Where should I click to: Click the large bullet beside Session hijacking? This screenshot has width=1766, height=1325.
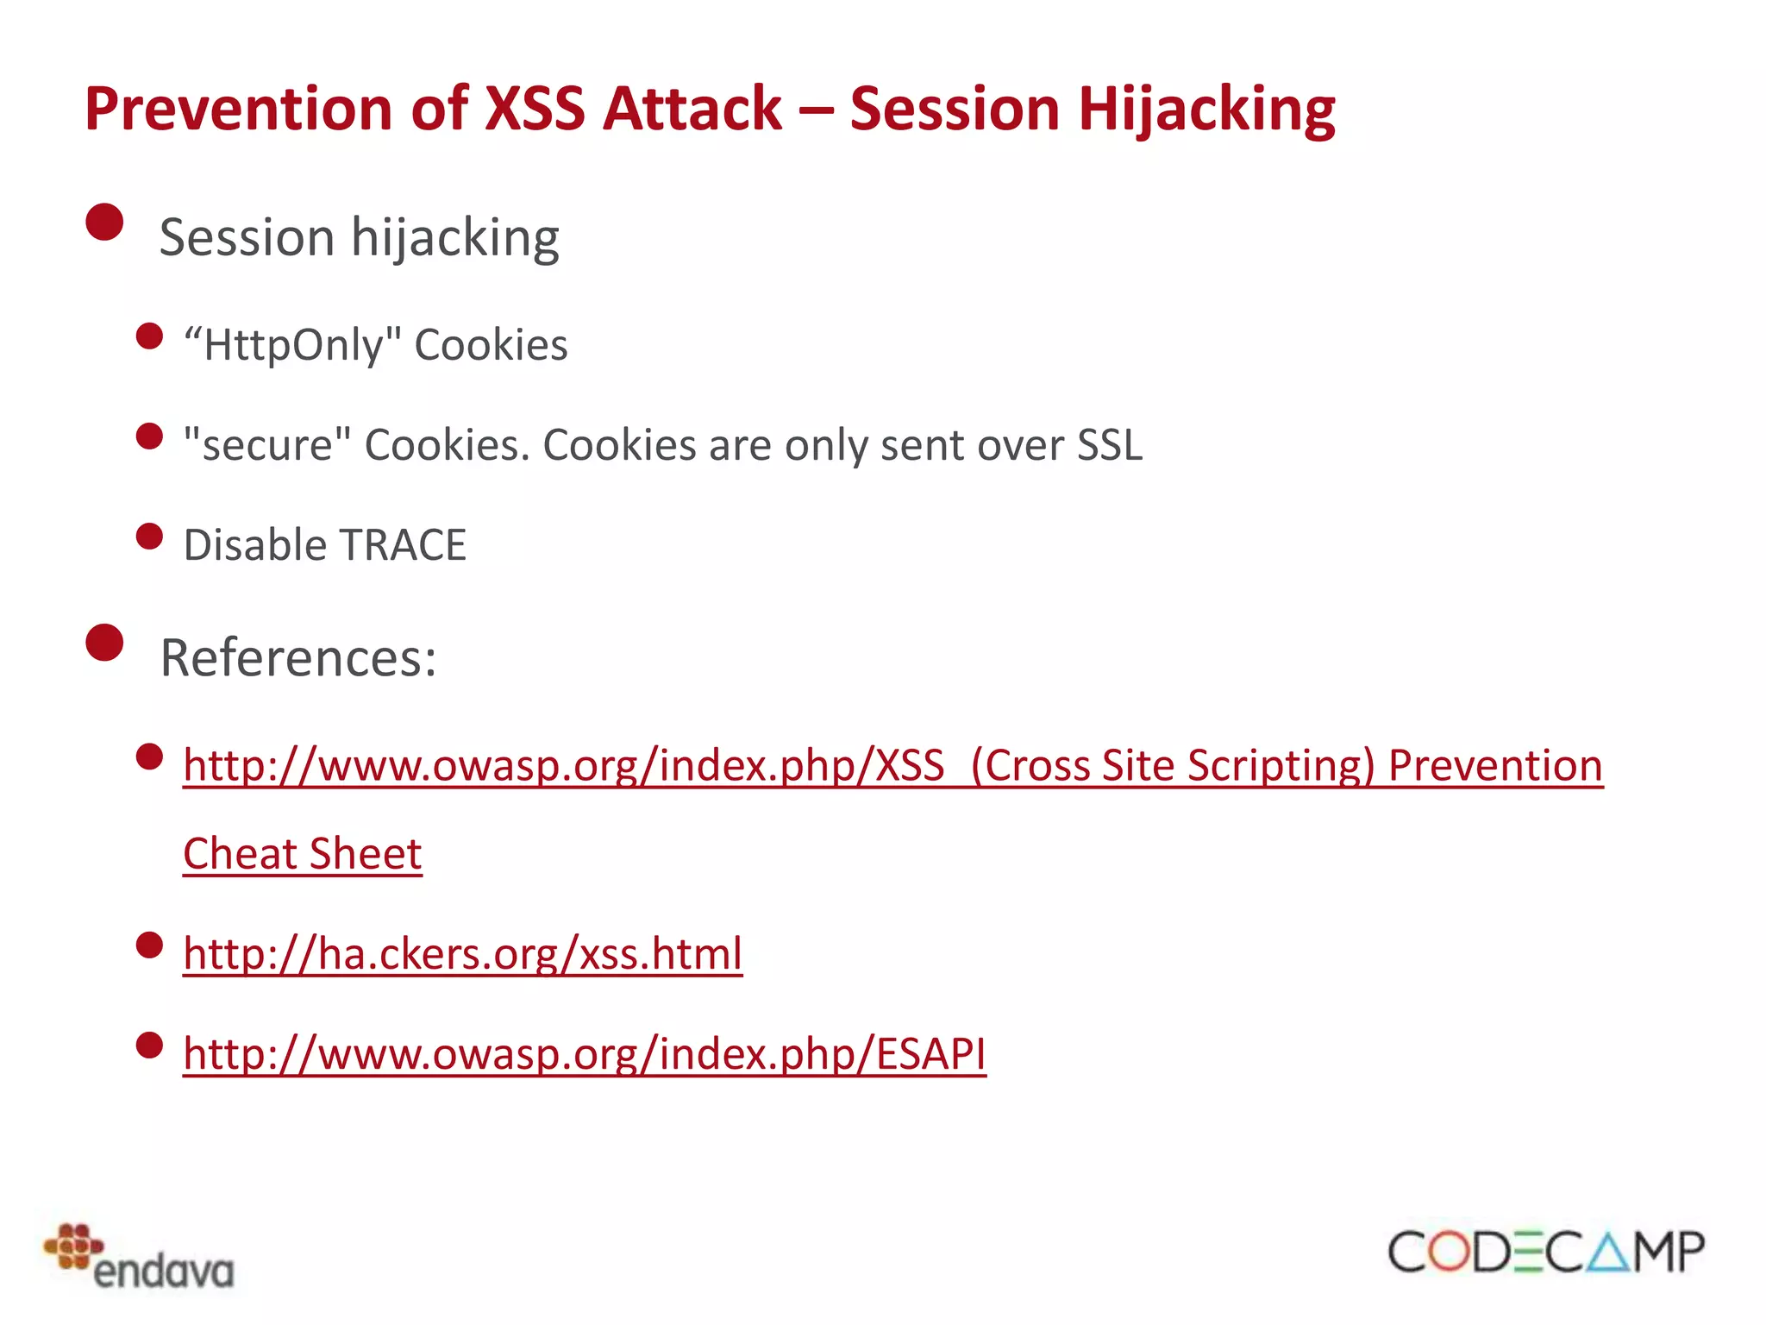point(105,222)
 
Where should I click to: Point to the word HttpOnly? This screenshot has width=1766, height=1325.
point(293,345)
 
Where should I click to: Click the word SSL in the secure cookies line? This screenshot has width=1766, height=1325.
point(1109,445)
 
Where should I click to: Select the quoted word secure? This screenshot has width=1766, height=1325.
point(267,445)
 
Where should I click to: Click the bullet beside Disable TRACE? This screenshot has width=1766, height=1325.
point(150,537)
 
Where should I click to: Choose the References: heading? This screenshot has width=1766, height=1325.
point(298,657)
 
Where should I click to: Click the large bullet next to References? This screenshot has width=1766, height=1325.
point(105,643)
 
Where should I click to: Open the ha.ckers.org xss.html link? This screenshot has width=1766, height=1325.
point(462,954)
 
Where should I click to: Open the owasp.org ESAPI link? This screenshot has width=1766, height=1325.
point(585,1054)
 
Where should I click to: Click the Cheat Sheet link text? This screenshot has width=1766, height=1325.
point(302,854)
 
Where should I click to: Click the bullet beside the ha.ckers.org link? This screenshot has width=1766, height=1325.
point(150,945)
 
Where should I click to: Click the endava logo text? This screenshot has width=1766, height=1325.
point(164,1272)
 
